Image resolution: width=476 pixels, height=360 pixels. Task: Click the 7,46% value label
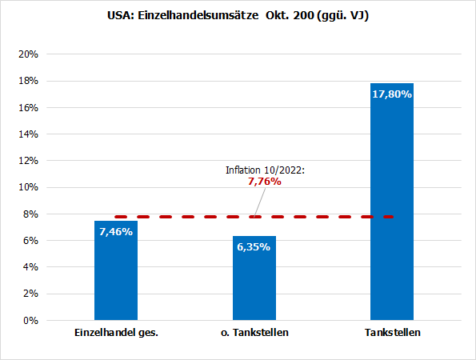pos(116,232)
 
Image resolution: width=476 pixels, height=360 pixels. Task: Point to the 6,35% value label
pos(254,246)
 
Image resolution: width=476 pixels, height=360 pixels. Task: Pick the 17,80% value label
pos(392,94)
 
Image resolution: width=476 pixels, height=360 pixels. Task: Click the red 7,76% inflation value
pos(265,182)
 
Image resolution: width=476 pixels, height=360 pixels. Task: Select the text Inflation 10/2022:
pos(264,170)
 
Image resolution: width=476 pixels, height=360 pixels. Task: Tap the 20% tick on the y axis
pos(29,54)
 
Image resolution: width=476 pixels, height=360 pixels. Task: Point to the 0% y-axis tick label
pos(32,321)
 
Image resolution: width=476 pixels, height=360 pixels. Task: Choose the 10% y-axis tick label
pos(29,187)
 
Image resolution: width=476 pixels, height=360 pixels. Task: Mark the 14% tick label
pos(29,134)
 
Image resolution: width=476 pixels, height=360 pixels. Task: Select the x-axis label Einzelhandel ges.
pos(116,333)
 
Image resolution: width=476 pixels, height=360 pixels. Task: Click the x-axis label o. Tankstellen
pos(254,333)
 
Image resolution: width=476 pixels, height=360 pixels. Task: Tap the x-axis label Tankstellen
pos(392,333)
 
